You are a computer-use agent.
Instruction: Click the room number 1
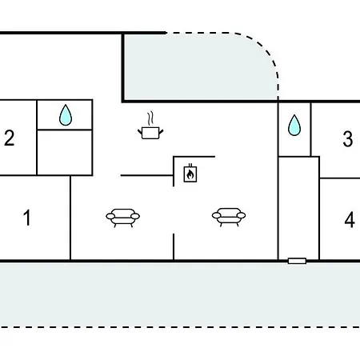pos(27,218)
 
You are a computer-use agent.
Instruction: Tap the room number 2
pos(10,138)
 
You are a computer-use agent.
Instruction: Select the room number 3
pos(348,138)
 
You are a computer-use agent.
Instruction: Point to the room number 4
pos(350,220)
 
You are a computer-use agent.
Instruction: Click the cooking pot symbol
pos(150,133)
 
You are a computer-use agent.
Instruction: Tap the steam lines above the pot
pos(150,118)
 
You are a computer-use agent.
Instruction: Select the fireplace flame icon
pos(190,174)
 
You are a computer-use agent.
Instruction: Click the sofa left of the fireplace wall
pos(122,218)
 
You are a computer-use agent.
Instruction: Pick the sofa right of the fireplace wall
pos(229,217)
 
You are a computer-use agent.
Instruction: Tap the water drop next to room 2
pos(66,115)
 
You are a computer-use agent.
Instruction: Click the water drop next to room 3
pos(294,125)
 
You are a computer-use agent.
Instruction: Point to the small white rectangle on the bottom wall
pos(297,261)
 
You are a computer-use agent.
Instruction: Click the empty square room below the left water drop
pos(65,153)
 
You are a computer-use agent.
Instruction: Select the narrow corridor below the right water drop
pos(298,208)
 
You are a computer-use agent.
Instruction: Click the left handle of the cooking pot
pos(140,132)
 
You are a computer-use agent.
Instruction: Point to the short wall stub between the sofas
pos(174,247)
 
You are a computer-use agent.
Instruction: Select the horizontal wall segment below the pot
pos(147,175)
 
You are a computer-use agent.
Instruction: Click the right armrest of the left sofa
pos(135,216)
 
